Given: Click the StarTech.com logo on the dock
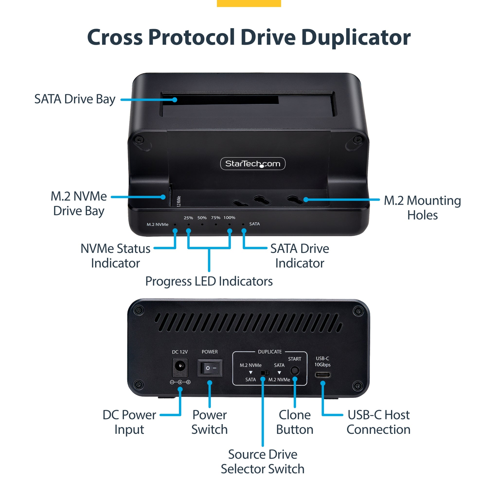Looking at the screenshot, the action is tap(253, 163).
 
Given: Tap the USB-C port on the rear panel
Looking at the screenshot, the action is tap(322, 374).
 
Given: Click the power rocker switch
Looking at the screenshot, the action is tap(210, 368).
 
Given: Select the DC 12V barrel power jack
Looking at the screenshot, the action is tap(180, 368).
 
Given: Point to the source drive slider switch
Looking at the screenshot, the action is tap(265, 373).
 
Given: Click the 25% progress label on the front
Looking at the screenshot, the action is tap(188, 218).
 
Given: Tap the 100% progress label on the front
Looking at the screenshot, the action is tap(229, 218).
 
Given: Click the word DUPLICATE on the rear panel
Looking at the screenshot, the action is tap(270, 352).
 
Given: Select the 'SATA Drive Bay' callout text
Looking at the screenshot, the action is tap(75, 99).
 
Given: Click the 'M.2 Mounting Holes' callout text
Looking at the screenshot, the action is tap(422, 207).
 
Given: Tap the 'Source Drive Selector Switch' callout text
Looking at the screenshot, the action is tap(262, 461).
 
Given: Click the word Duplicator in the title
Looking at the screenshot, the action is tap(356, 37).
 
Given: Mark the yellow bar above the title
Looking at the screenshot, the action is tap(249, 3).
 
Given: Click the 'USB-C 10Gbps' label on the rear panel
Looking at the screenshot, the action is tap(322, 361).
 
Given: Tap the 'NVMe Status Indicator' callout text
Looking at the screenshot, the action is tap(115, 256).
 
